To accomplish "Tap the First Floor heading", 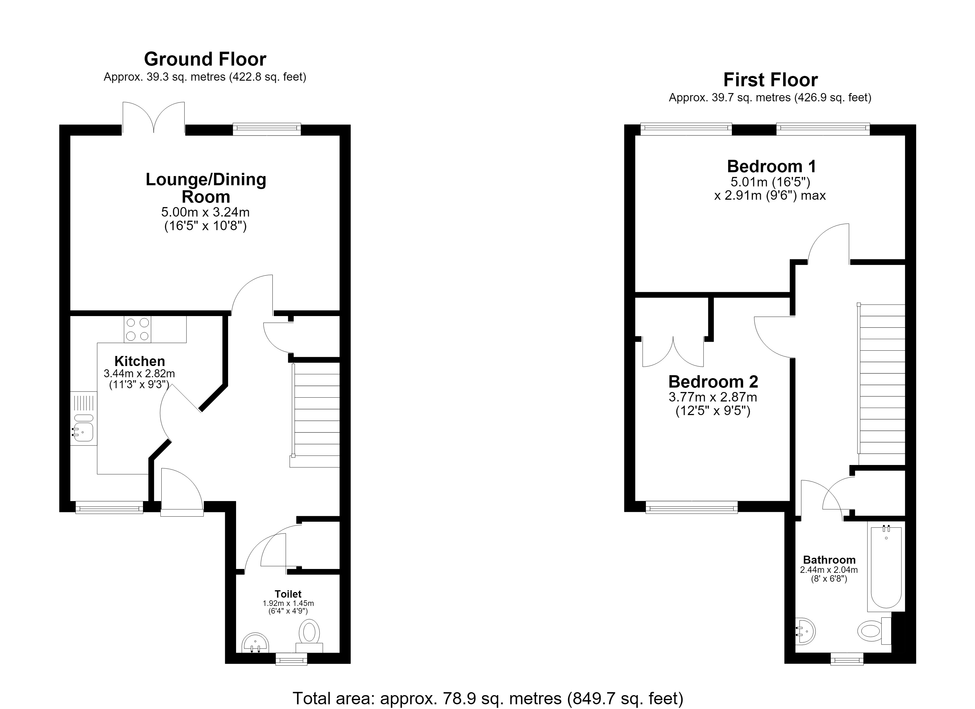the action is click(770, 80).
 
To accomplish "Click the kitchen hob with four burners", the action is click(138, 329).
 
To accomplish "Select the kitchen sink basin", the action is click(83, 432).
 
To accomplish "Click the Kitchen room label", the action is click(140, 361).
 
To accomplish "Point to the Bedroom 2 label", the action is click(713, 382).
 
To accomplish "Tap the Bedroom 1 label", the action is click(771, 166).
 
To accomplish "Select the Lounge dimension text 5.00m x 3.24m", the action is click(206, 212).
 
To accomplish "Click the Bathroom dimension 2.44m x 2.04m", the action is click(829, 570).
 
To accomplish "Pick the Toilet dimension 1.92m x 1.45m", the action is click(288, 604).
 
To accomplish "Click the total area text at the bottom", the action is click(488, 699).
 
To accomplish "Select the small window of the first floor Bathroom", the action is click(847, 659).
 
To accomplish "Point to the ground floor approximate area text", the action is click(205, 77).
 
